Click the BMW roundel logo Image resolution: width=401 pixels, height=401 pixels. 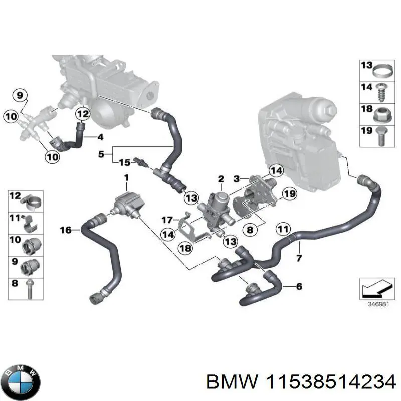(x=20, y=379)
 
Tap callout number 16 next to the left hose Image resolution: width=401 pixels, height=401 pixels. (x=66, y=230)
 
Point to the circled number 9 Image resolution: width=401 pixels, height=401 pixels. (x=19, y=95)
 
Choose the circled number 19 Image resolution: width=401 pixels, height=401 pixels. (x=288, y=193)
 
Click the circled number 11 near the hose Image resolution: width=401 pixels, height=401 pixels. (x=283, y=230)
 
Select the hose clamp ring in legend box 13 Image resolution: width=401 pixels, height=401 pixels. (x=382, y=67)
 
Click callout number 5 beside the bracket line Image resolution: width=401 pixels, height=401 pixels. (x=102, y=155)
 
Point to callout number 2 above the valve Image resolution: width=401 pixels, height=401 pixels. (x=220, y=179)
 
